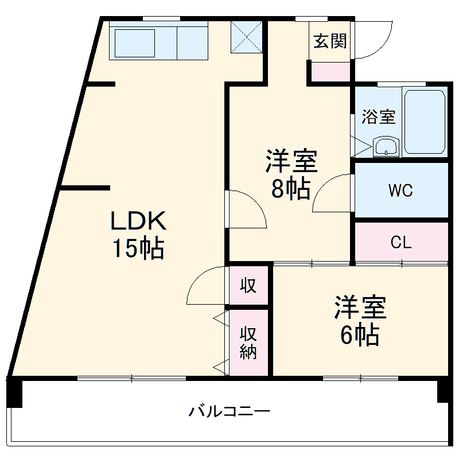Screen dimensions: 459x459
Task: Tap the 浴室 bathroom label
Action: coord(378,117)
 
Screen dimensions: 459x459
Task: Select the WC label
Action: coord(400,190)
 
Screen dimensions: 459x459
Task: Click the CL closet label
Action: coord(401,242)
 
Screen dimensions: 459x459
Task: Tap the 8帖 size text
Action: coord(291,189)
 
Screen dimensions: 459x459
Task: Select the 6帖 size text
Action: coord(360,334)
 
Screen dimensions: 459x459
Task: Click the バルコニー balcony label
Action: coord(229,411)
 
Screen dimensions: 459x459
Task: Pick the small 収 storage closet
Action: coord(248,285)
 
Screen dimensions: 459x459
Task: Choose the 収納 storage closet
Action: coord(248,343)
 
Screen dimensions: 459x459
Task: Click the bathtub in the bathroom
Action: coord(425,122)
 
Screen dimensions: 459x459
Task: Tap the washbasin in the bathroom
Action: coord(386,147)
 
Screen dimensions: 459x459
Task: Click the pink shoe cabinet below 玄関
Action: coord(330,72)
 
